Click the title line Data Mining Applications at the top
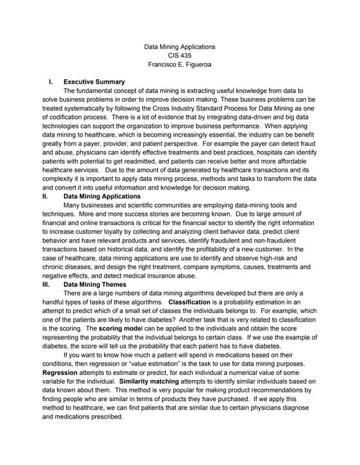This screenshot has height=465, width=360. [180, 46]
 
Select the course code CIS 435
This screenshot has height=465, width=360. [180, 55]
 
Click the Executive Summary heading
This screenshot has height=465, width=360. [94, 82]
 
